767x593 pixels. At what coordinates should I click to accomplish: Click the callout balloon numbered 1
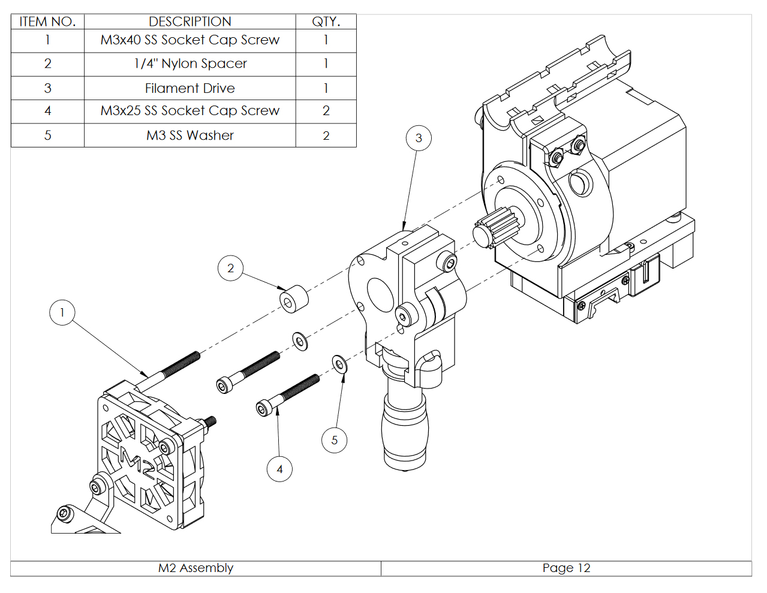click(x=62, y=312)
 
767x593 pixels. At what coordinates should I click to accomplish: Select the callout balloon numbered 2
click(x=230, y=268)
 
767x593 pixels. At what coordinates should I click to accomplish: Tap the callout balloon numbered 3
click(x=419, y=138)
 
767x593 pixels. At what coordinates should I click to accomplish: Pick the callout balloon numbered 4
click(x=279, y=469)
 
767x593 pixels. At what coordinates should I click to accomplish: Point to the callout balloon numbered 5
click(x=334, y=440)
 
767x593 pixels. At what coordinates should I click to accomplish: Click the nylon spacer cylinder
click(x=293, y=299)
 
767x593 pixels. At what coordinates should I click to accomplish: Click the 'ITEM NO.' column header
click(x=47, y=22)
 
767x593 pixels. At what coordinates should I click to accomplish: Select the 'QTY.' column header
click(x=326, y=22)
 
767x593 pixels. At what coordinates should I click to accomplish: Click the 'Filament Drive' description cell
click(x=190, y=88)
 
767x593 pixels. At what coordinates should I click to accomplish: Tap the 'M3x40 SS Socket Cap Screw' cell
click(x=190, y=40)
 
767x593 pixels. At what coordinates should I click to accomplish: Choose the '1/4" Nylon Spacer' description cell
click(x=190, y=64)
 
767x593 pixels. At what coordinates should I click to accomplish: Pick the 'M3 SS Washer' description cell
click(x=190, y=136)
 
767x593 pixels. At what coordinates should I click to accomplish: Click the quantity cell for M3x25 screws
click(x=326, y=111)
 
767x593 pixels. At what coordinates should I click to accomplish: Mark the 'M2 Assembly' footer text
click(x=195, y=568)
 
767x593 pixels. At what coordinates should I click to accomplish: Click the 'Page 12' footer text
click(x=566, y=568)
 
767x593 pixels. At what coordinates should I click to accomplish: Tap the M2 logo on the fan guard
click(x=139, y=462)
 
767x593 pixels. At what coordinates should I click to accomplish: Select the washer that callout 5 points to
click(x=339, y=364)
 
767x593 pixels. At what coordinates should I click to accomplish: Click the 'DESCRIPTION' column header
click(x=190, y=22)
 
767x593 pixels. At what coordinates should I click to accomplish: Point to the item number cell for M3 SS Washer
click(x=47, y=136)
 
